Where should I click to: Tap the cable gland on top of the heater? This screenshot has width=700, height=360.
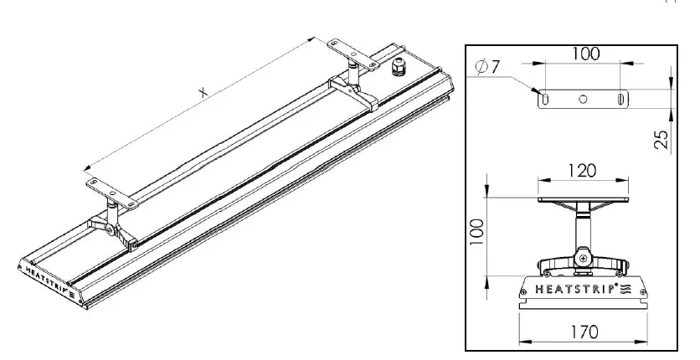coord(396,65)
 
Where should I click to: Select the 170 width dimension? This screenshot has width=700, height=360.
coord(584,332)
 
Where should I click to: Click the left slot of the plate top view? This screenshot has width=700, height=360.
coord(546,99)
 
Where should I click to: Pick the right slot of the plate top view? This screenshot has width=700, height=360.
coord(620,99)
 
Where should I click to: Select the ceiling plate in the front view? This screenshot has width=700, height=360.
coord(584,200)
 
